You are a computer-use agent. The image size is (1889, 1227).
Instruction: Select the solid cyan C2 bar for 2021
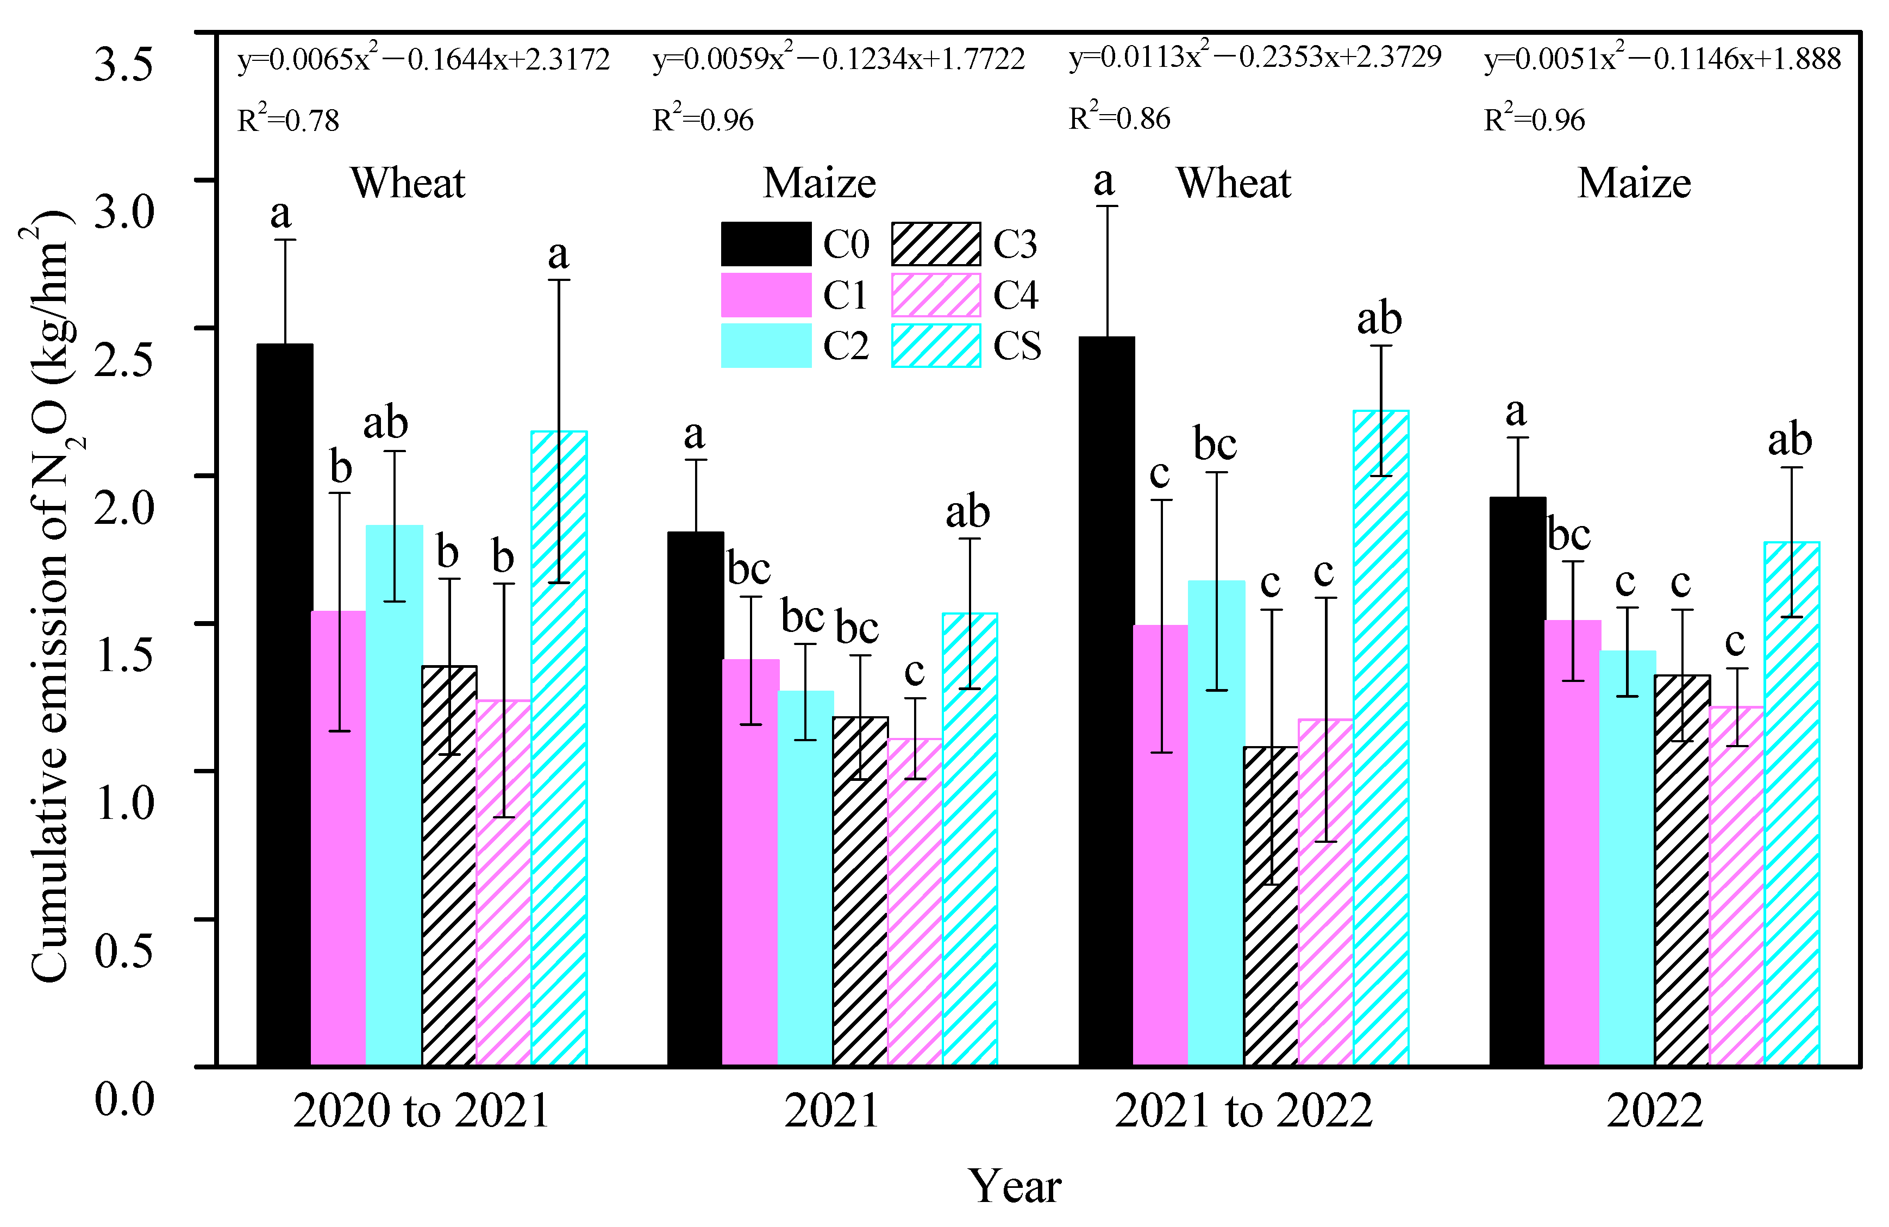click(805, 877)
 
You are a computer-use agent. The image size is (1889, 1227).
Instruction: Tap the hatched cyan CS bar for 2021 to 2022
click(1380, 738)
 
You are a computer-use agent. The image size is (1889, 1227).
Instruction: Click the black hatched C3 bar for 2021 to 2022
click(1271, 905)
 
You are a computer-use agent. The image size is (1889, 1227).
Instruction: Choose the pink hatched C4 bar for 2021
click(915, 902)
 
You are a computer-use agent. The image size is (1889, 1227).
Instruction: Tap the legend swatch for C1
click(766, 295)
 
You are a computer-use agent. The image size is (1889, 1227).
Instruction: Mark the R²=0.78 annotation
click(288, 121)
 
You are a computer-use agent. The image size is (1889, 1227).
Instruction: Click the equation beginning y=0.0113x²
click(1254, 57)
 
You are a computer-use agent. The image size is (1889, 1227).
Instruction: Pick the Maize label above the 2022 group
click(1634, 183)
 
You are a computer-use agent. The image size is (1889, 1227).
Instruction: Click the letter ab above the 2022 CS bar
click(1790, 440)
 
